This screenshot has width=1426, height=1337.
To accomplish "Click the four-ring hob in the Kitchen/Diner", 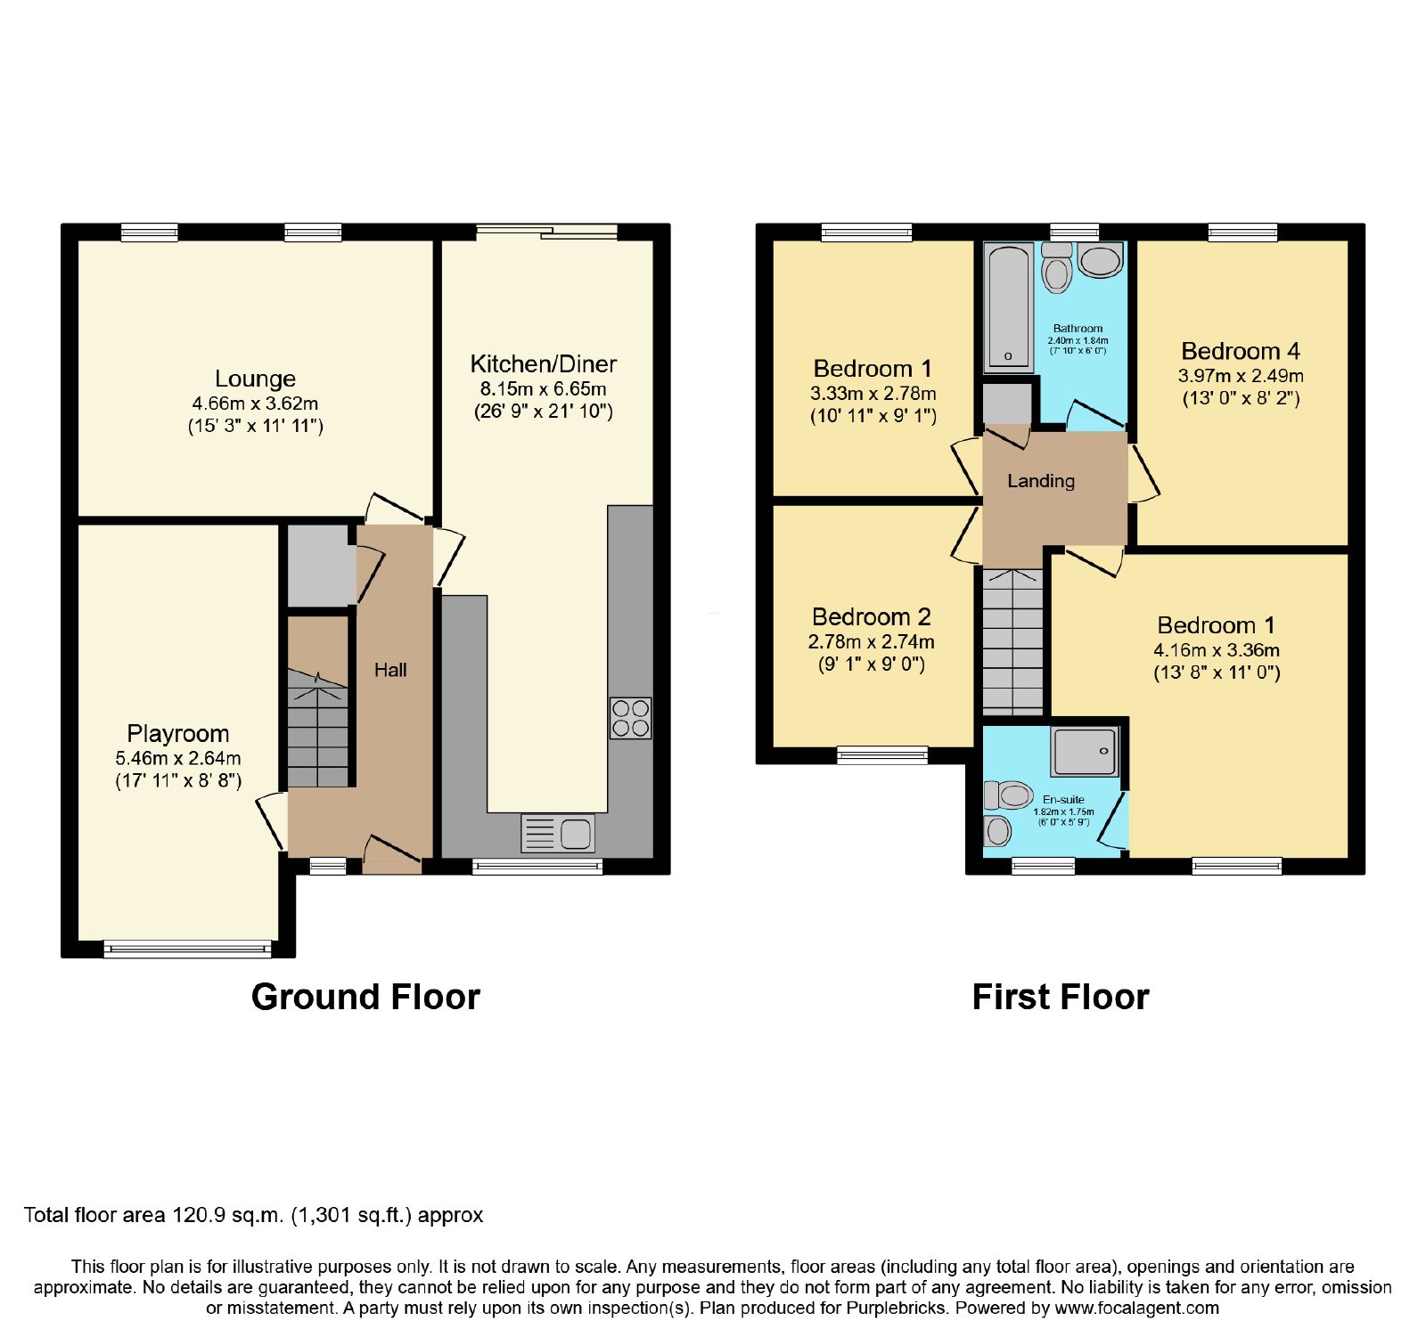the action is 630,718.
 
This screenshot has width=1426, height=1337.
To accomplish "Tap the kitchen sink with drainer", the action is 558,834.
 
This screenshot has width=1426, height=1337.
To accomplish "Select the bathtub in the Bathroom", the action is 1008,306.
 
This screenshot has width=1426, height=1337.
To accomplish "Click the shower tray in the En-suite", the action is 1085,752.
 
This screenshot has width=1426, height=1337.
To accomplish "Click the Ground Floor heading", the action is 365,997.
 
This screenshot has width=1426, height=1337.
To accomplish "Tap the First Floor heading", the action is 1061,997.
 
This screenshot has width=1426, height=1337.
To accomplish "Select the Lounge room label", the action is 255,379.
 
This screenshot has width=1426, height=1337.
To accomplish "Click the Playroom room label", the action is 178,734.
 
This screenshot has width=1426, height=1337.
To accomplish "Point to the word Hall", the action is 390,670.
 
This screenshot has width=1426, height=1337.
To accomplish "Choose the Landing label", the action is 1041,481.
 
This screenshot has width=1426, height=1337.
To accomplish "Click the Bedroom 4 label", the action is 1241,351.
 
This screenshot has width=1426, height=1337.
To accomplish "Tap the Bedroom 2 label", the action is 872,616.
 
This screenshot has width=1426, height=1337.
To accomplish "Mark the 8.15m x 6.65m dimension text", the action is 544,388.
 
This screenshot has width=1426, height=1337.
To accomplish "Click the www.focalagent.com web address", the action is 1137,1308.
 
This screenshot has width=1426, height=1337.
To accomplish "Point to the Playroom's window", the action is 187,949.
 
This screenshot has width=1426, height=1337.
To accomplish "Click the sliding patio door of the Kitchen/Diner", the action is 546,232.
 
